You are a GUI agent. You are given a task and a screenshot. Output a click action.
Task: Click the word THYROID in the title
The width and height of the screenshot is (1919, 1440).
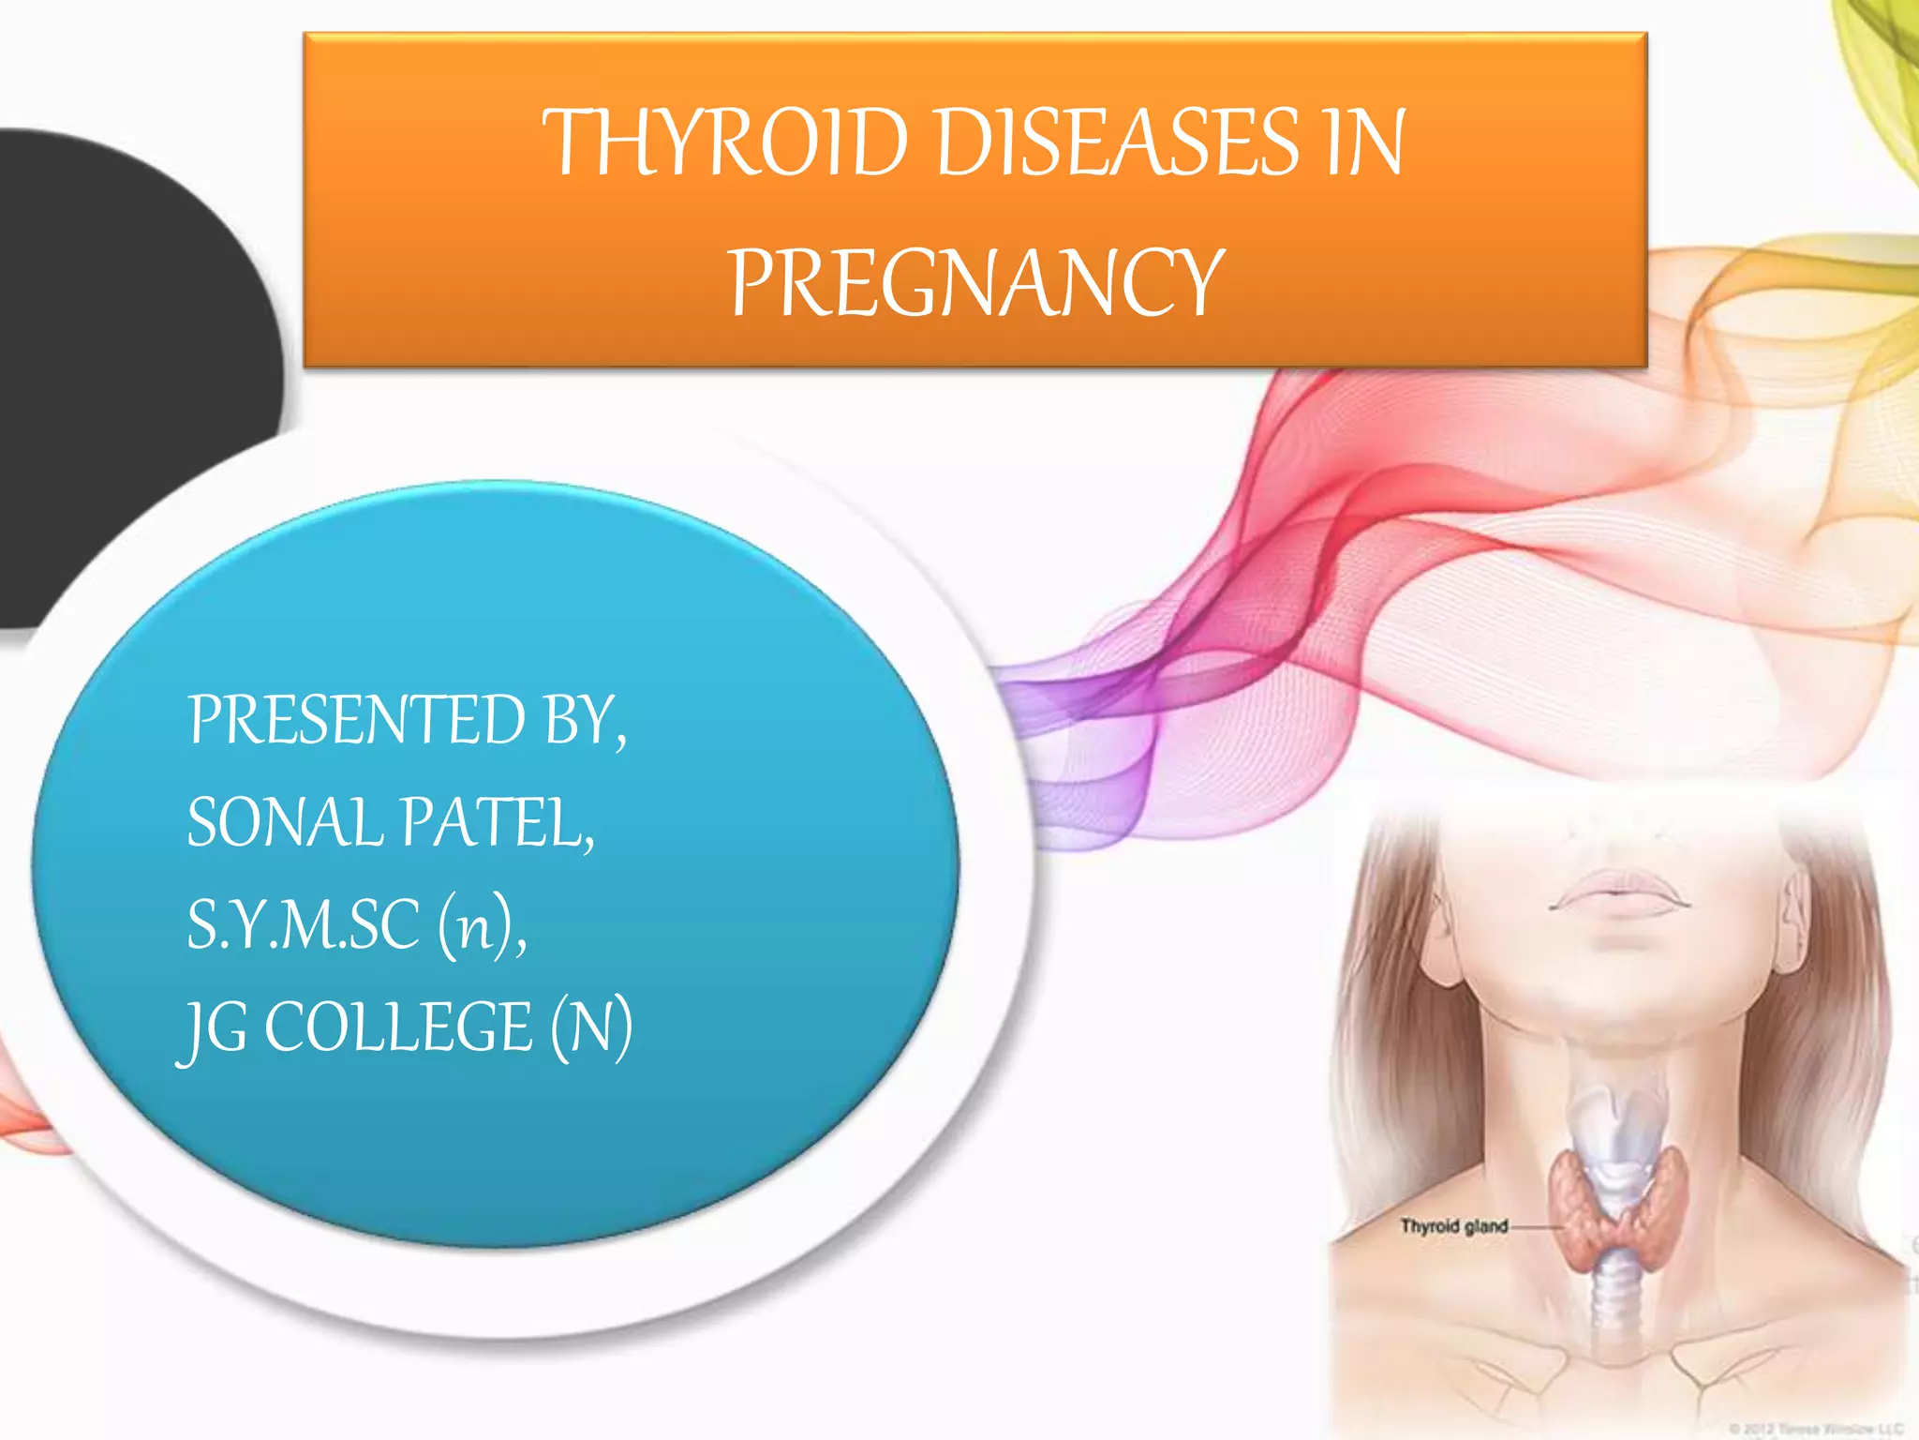[x=725, y=142]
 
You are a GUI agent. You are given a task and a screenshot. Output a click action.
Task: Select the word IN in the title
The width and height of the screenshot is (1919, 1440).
[x=1364, y=142]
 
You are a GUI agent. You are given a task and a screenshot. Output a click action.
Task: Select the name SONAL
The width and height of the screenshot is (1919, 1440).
[x=285, y=823]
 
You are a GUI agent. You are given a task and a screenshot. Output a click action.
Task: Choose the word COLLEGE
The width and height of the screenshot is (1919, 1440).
[x=399, y=1027]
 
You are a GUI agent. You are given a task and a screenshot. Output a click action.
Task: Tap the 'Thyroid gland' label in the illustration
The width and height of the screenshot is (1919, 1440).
[x=1453, y=1226]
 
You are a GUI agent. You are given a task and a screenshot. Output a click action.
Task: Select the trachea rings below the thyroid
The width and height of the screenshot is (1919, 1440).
[x=1618, y=1298]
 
